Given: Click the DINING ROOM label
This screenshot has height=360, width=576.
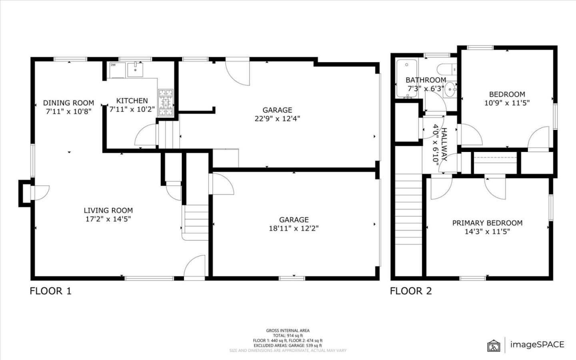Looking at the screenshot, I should (68, 103).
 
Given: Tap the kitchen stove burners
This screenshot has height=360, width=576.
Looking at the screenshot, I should (166, 102).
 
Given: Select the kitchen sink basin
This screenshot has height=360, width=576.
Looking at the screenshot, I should (136, 70).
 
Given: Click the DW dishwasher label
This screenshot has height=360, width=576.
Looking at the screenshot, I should (113, 65).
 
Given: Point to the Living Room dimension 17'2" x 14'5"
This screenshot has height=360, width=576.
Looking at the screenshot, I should (108, 219).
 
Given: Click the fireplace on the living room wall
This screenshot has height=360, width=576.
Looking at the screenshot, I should (25, 194).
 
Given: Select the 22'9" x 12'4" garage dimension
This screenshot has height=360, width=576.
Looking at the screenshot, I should (277, 118).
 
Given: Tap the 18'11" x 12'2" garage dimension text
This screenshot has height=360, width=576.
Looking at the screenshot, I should (294, 228).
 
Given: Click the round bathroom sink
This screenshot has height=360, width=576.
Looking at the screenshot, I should (450, 88).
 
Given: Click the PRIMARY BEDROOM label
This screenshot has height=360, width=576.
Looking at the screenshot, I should (487, 223).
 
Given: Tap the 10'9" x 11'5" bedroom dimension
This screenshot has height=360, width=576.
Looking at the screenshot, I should (507, 103).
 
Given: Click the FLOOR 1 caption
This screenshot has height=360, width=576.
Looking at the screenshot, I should (50, 291).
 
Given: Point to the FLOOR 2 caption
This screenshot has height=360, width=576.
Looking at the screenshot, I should (411, 291).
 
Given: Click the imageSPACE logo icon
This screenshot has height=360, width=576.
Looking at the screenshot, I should (494, 345).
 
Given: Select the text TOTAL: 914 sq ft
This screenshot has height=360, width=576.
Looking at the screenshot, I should (288, 336).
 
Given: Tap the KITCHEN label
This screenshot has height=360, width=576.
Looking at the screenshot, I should (132, 101).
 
